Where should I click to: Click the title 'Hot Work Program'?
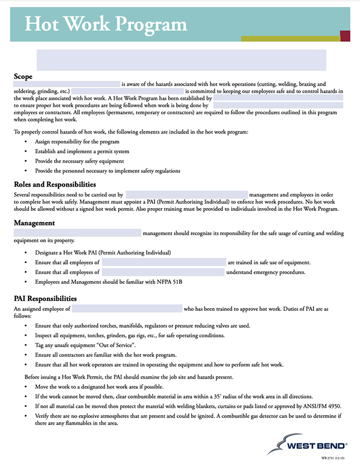[x=105, y=24]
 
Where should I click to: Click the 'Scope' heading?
[x=23, y=76]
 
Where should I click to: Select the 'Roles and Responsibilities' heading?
[x=55, y=184]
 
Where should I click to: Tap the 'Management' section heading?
[x=34, y=223]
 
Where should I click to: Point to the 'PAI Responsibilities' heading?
[x=45, y=299]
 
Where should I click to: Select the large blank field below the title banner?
[x=181, y=60]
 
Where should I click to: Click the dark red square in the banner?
[x=345, y=36]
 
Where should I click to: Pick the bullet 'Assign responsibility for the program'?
[x=77, y=142]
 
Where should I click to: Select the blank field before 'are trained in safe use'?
[x=163, y=262]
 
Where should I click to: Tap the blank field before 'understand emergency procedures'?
[x=163, y=272]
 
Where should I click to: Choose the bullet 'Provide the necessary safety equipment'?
[x=80, y=161]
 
